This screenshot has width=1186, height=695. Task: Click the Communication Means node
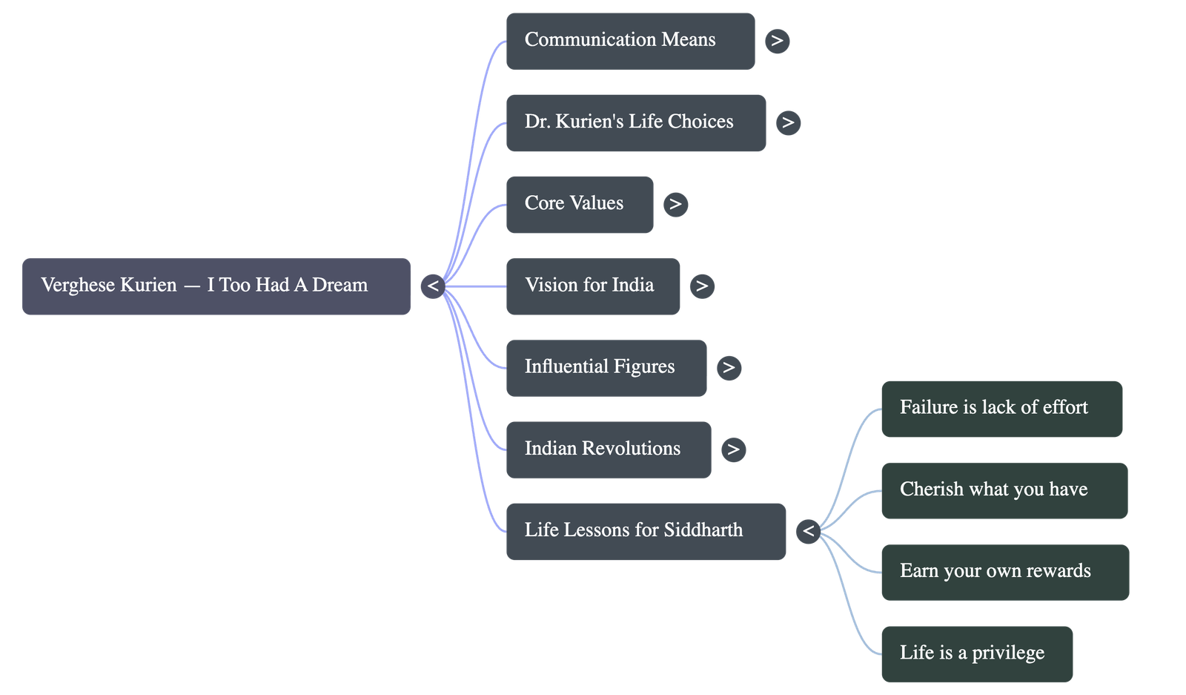pos(630,41)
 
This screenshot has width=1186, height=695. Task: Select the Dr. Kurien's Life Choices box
pos(635,122)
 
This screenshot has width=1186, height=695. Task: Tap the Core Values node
pos(579,204)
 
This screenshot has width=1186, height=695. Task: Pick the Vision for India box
pos(592,286)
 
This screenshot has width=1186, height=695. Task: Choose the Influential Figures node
pos(606,368)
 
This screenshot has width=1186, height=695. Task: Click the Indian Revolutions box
pos(608,449)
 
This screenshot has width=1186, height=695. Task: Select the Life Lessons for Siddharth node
pos(645,531)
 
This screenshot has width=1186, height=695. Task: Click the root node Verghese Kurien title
pos(216,286)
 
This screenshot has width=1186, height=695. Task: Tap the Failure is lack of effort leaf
pos(1001,409)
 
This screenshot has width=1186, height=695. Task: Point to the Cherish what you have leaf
pos(1004,490)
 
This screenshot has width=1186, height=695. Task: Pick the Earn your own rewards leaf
pos(1004,572)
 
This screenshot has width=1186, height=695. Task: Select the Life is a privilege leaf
pos(976,653)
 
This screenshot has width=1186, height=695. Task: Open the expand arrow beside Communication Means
pos(777,41)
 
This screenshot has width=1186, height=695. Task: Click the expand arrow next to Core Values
pos(675,204)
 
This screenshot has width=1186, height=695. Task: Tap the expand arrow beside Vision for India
pos(701,286)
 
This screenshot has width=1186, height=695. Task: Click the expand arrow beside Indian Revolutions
pos(733,449)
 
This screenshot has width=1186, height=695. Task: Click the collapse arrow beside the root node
pos(433,286)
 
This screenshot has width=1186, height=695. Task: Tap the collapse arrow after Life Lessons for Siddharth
pos(808,531)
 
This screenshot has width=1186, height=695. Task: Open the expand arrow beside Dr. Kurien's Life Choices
pos(788,122)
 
